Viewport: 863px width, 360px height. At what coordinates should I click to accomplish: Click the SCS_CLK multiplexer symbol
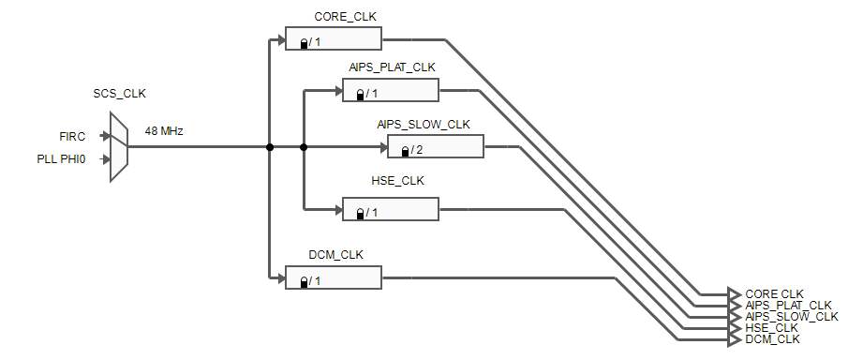[x=119, y=147]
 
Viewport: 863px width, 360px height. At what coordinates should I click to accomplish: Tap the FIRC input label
[x=72, y=136]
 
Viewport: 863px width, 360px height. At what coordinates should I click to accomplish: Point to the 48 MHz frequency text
[x=164, y=131]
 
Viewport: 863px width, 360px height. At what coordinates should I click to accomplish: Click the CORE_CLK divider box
[x=334, y=39]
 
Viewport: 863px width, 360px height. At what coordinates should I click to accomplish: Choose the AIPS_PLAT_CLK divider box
[x=390, y=91]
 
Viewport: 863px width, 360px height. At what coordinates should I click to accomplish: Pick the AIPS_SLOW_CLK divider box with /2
[x=435, y=147]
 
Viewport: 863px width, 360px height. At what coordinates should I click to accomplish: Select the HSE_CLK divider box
[x=390, y=210]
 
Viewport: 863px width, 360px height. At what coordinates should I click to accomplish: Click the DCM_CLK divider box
[x=334, y=278]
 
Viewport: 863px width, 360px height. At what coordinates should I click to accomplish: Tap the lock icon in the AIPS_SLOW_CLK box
[x=405, y=151]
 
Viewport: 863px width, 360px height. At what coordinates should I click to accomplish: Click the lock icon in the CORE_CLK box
[x=304, y=43]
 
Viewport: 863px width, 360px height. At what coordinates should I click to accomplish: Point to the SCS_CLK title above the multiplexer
[x=119, y=94]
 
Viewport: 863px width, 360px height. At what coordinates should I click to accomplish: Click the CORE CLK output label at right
[x=774, y=294]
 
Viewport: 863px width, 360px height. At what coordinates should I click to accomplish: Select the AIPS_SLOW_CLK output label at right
[x=792, y=317]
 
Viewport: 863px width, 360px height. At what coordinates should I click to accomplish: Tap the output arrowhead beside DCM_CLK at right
[x=734, y=338]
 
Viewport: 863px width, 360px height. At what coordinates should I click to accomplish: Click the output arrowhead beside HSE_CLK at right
[x=734, y=327]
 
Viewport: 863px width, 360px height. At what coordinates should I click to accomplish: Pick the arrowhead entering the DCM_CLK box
[x=280, y=278]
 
